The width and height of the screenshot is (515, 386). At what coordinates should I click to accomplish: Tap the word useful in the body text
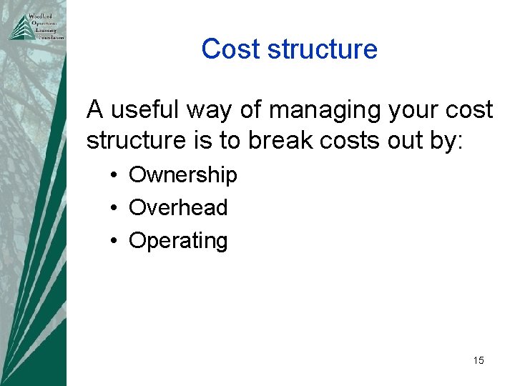pos(144,110)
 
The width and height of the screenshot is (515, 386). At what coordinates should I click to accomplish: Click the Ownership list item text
pos(182,175)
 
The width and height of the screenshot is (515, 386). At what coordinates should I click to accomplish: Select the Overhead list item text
pos(177,208)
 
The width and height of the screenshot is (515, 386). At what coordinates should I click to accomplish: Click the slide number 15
pos(479,360)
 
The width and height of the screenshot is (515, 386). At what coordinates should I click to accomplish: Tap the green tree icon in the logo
pos(17,28)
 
